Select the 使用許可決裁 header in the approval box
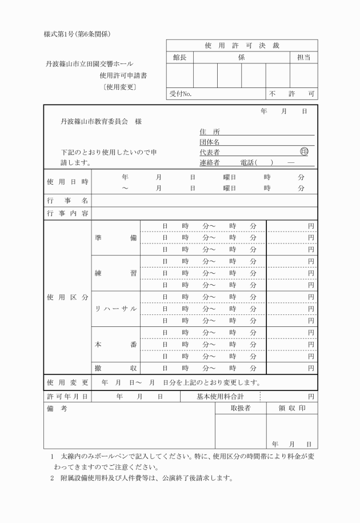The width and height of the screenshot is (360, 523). [241, 45]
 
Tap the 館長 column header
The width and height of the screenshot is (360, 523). [179, 57]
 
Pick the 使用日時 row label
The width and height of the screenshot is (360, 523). [67, 182]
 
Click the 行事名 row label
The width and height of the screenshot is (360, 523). [67, 201]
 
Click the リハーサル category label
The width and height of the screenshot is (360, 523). [115, 309]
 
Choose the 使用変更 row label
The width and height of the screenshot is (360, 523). [67, 381]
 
